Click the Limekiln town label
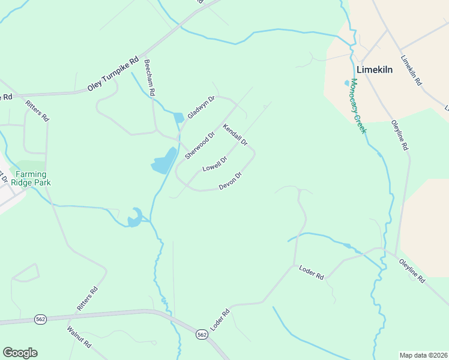(375, 70)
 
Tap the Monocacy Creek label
(358, 106)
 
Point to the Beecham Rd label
(149, 77)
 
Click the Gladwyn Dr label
(200, 107)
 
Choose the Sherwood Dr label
(199, 146)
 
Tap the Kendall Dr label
(235, 135)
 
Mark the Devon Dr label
(230, 181)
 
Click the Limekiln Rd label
(411, 71)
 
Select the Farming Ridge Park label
(34, 178)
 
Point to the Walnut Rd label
(79, 338)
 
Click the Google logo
(20, 353)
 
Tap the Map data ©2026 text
(423, 355)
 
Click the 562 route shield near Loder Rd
(202, 334)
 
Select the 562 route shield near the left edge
(41, 319)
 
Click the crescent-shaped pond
(135, 218)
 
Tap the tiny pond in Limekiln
(346, 83)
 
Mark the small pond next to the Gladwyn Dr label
(178, 118)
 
